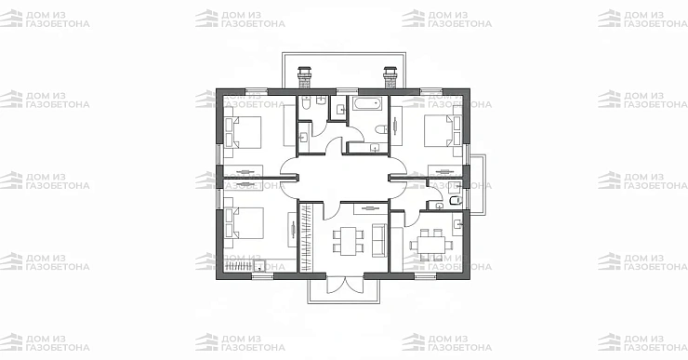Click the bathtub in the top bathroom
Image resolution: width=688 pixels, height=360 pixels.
[367, 104]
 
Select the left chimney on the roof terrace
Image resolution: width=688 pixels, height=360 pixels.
[304, 77]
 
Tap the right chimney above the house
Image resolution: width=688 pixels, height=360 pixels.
[390, 77]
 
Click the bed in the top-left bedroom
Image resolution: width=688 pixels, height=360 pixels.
[243, 132]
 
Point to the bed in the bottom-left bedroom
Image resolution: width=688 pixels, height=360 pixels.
[244, 223]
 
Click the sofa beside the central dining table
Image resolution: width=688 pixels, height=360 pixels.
[379, 240]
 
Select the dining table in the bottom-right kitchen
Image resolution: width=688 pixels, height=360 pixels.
[431, 244]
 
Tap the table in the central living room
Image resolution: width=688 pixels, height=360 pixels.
[349, 241]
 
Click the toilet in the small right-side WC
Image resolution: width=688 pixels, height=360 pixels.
[456, 201]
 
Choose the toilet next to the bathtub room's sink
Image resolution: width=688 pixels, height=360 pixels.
[382, 129]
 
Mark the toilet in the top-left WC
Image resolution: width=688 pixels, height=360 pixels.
[306, 103]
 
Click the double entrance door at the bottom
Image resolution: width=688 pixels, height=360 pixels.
[345, 284]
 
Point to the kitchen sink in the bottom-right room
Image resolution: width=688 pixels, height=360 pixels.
[456, 224]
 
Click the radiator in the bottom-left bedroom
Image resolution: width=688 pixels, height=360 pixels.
[239, 265]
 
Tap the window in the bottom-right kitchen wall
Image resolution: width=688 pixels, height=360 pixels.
[425, 276]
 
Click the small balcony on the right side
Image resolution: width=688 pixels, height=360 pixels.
[478, 184]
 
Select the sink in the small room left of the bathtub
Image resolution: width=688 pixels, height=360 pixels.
[339, 110]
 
